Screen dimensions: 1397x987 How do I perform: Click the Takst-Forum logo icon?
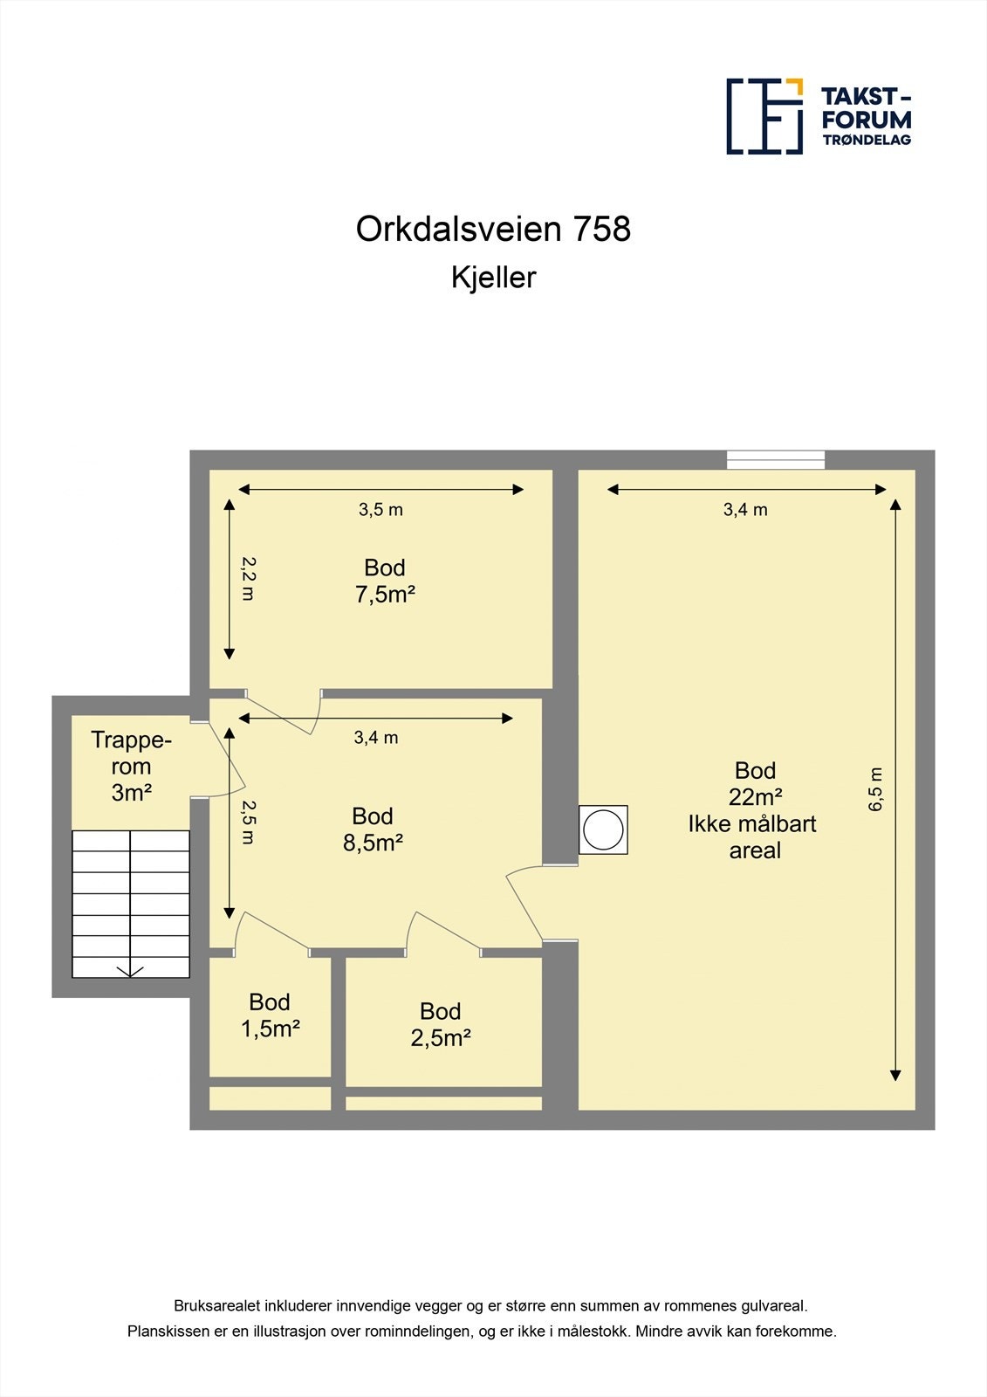(764, 116)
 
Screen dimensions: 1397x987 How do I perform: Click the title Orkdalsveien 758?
(493, 229)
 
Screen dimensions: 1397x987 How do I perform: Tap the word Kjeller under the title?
(493, 278)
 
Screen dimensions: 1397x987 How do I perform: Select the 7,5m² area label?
(385, 595)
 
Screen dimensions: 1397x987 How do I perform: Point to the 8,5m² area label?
(373, 843)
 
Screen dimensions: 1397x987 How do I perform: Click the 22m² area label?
(755, 797)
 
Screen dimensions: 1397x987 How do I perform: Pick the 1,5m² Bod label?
(271, 1029)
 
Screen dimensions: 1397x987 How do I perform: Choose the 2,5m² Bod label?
(441, 1037)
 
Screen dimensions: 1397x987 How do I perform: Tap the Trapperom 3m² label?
(131, 767)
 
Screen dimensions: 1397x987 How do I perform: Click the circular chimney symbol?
(603, 829)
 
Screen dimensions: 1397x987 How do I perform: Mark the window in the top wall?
(776, 459)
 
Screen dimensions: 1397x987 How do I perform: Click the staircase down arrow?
(130, 969)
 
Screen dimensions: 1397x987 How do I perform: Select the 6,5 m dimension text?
(876, 790)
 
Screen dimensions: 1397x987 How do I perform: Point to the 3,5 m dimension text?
(380, 510)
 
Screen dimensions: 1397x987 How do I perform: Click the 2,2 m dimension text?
(248, 578)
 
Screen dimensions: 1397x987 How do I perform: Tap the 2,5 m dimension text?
(248, 822)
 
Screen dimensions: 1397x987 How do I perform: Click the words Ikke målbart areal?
(753, 837)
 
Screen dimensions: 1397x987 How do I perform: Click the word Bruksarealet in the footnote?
(216, 1306)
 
